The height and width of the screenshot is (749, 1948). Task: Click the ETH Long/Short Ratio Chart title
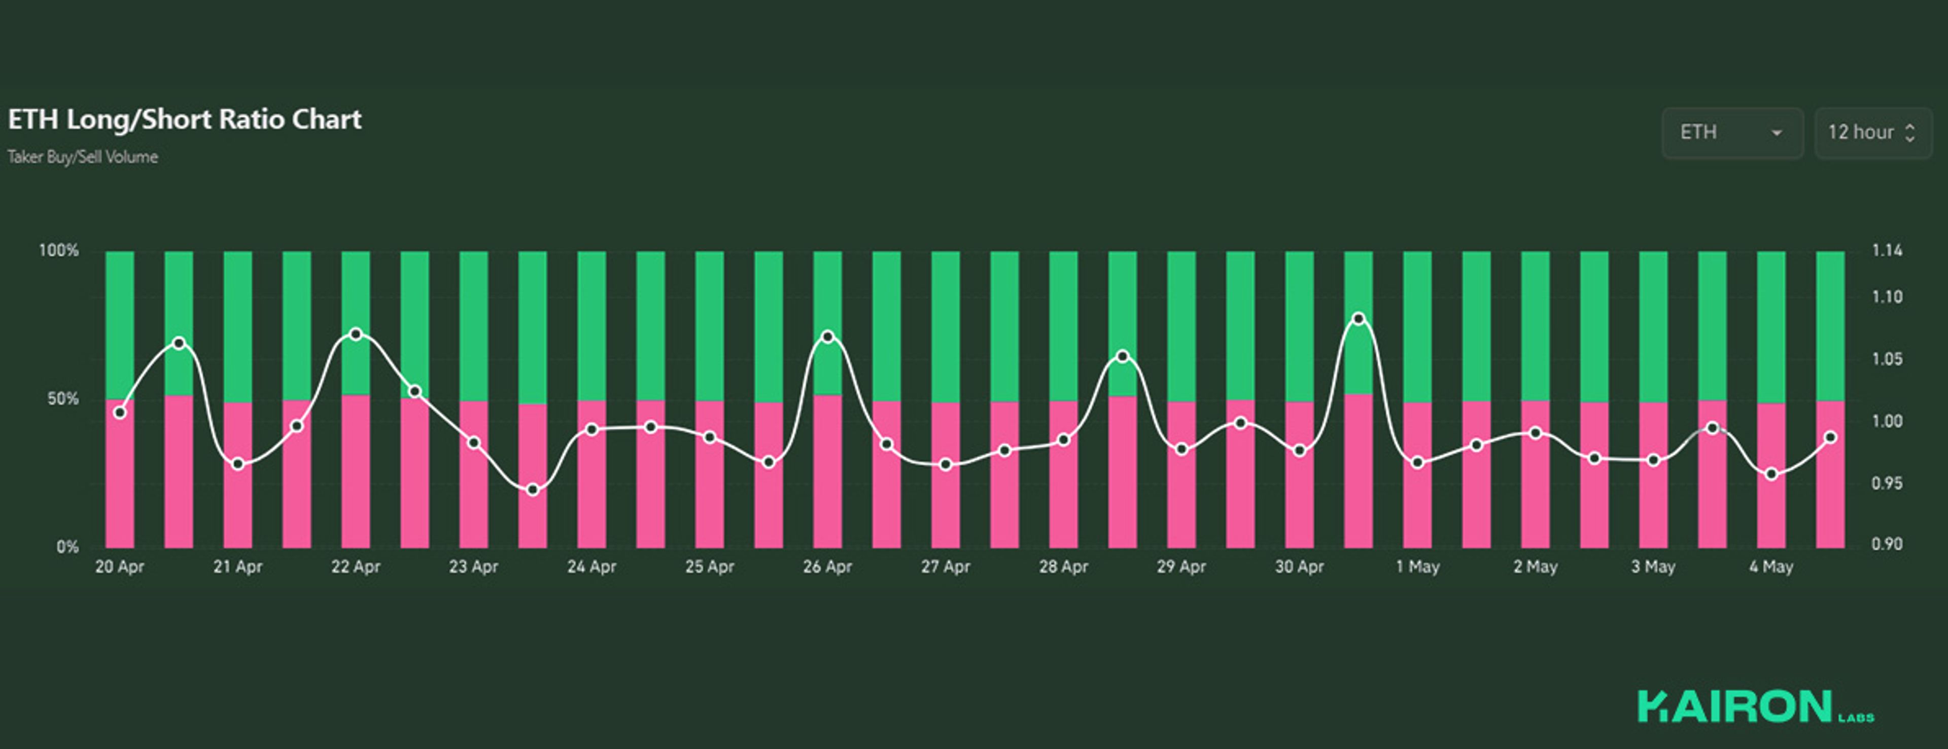point(185,120)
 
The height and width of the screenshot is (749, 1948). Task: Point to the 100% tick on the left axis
point(58,250)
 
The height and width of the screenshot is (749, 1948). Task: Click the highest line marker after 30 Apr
point(1359,319)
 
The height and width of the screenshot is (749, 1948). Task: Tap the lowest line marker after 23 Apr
point(533,490)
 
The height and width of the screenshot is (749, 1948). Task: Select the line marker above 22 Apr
point(356,334)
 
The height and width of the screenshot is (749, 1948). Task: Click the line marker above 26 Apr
point(828,336)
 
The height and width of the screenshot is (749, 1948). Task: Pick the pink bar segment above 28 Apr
point(1063,491)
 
